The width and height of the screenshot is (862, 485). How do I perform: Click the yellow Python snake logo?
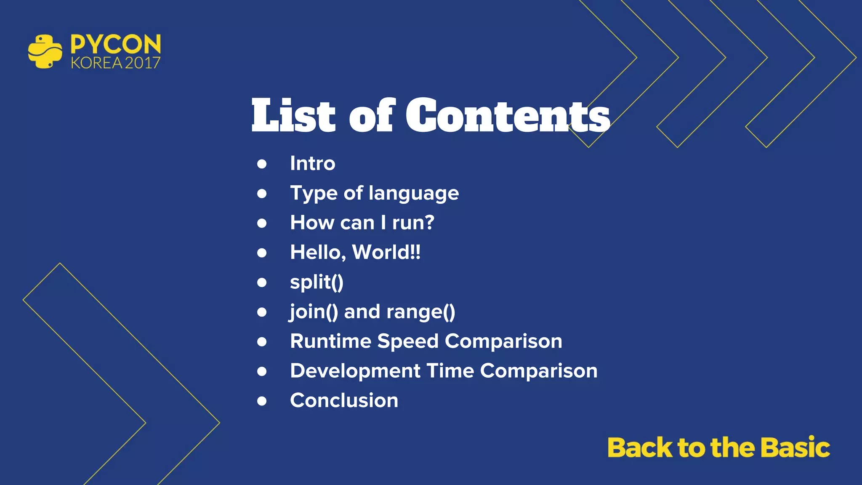pyautogui.click(x=45, y=51)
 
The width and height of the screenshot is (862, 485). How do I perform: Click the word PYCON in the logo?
pyautogui.click(x=116, y=44)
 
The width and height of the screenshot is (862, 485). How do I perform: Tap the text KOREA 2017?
pyautogui.click(x=116, y=63)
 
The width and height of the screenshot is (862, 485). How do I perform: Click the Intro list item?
pyautogui.click(x=312, y=163)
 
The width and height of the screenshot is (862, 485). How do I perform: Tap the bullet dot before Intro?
pyautogui.click(x=262, y=164)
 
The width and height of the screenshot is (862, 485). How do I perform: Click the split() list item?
pyautogui.click(x=317, y=282)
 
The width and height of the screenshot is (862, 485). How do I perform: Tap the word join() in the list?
pyautogui.click(x=314, y=312)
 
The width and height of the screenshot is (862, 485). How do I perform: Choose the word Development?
pyautogui.click(x=355, y=371)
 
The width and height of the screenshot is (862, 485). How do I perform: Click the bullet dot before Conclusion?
pyautogui.click(x=262, y=401)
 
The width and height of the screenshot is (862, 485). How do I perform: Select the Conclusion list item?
pyautogui.click(x=344, y=400)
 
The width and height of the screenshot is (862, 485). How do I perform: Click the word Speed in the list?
pyautogui.click(x=408, y=341)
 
